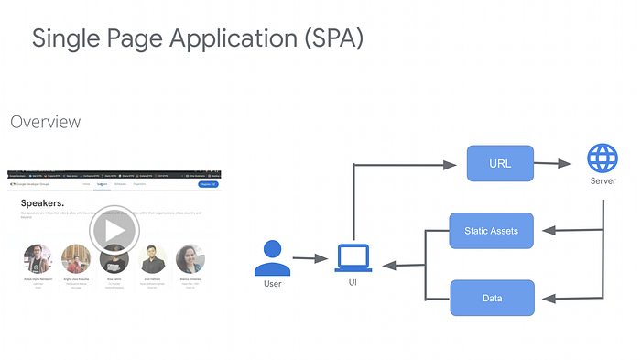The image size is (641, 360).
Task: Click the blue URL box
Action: [499, 164]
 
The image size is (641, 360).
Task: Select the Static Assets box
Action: [491, 231]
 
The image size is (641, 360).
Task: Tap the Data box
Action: [491, 298]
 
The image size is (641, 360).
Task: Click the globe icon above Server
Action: [602, 159]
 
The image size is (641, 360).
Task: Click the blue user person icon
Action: [272, 257]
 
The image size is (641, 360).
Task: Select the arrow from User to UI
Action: [310, 260]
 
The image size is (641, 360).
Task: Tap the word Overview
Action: [45, 122]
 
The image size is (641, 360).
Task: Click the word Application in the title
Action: [217, 38]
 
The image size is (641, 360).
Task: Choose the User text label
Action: [272, 284]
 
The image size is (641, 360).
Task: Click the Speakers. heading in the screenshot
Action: [41, 202]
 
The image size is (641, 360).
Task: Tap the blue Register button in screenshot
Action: [208, 184]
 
